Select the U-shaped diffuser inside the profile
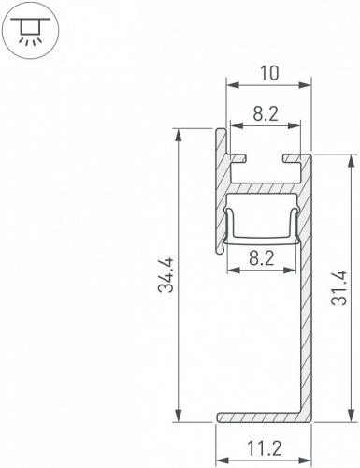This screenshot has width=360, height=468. [x=263, y=235]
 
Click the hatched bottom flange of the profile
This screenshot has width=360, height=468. [x=262, y=415]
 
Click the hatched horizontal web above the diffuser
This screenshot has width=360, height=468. [x=263, y=187]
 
